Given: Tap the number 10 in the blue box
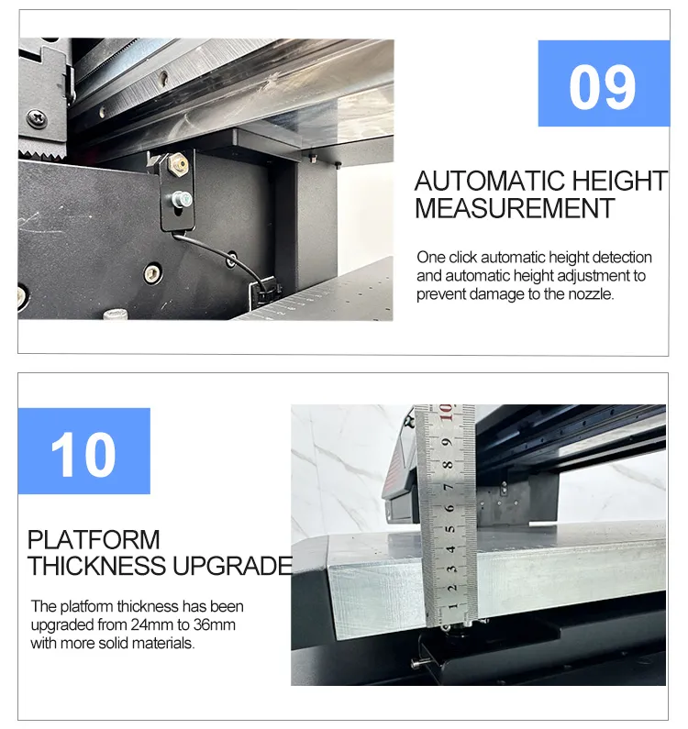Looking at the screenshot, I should pyautogui.click(x=83, y=454).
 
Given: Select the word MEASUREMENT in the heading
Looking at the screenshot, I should pyautogui.click(x=514, y=208).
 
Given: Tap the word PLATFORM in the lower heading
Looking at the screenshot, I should pyautogui.click(x=94, y=539).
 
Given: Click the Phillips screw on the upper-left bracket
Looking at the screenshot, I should pyautogui.click(x=36, y=117).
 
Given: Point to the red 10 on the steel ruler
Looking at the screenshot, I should pyautogui.click(x=446, y=414).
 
